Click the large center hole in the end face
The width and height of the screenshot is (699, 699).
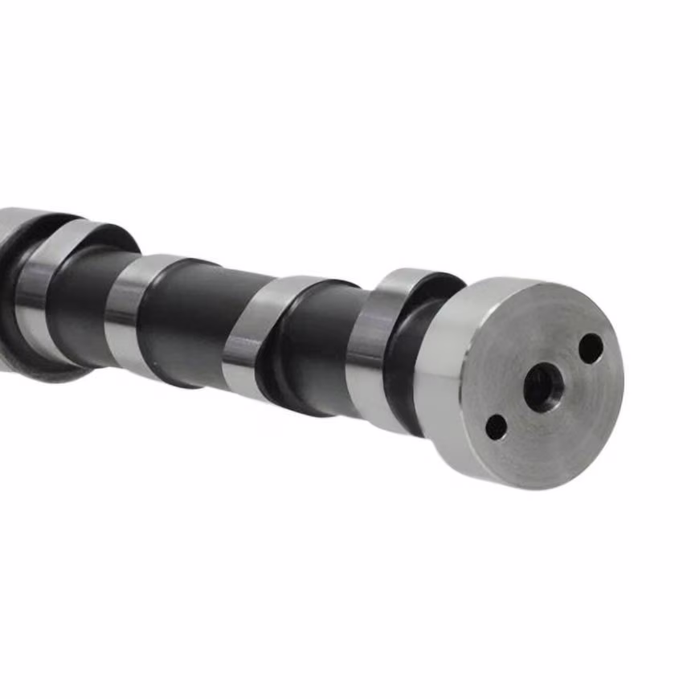tap(542, 386)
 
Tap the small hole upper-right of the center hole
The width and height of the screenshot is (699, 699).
tap(591, 348)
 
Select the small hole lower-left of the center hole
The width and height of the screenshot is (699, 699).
tap(497, 427)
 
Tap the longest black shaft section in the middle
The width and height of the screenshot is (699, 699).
tap(193, 321)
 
